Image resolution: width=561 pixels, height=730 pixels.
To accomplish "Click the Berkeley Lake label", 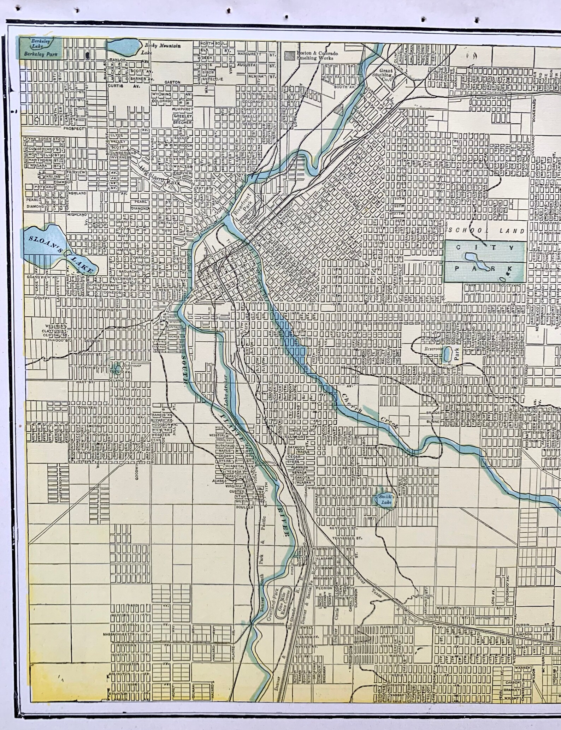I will (41, 44).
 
